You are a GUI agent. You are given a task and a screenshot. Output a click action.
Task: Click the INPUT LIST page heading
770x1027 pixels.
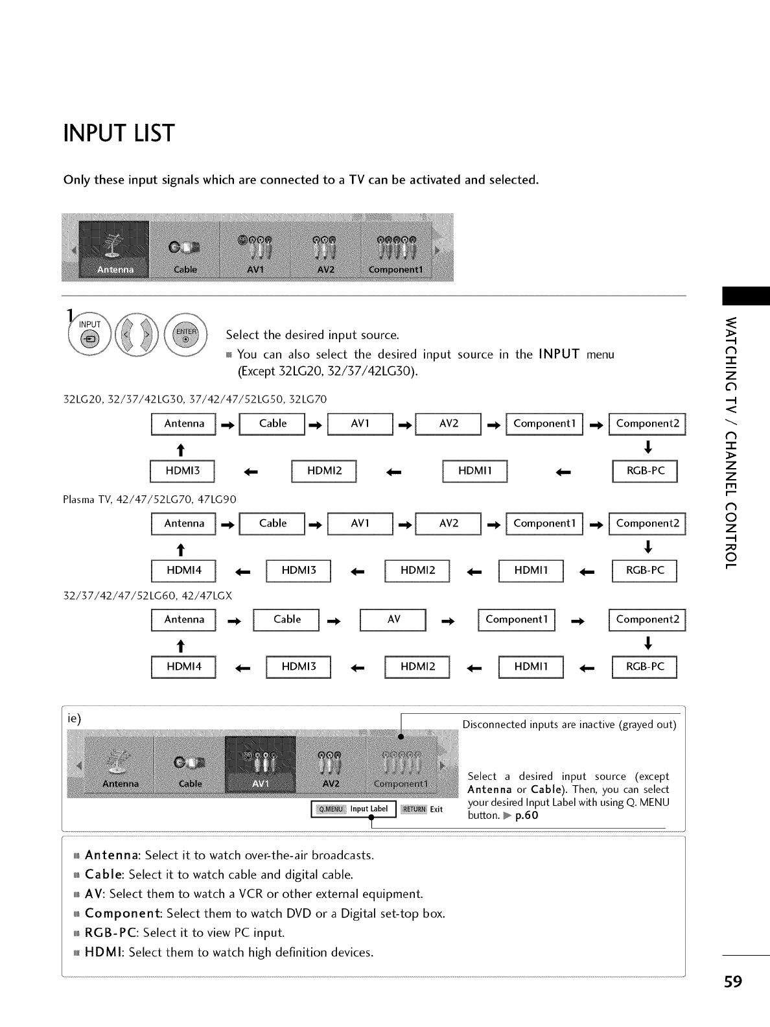click(x=119, y=134)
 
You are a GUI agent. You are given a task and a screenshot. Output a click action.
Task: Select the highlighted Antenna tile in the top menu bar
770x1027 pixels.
click(x=115, y=250)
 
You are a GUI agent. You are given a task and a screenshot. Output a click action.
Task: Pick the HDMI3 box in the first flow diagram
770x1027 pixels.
click(x=183, y=471)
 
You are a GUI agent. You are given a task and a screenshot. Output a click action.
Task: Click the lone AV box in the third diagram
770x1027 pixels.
click(x=393, y=620)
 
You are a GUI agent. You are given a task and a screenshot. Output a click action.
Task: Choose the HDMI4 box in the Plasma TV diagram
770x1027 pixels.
click(x=183, y=571)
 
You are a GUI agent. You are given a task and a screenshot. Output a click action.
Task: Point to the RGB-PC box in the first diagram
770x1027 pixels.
click(x=645, y=471)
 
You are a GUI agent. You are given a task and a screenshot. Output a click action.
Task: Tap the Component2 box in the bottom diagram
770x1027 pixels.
click(x=647, y=620)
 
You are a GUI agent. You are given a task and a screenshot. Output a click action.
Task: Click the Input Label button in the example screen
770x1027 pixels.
click(x=354, y=809)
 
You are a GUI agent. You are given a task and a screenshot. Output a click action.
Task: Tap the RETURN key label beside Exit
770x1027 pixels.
click(x=414, y=809)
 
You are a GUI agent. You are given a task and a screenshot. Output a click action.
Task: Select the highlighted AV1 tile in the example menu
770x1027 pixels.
click(x=260, y=764)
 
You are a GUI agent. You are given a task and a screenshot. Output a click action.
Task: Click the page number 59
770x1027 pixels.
click(x=733, y=982)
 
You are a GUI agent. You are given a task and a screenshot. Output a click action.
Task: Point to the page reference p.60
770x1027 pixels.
click(x=526, y=816)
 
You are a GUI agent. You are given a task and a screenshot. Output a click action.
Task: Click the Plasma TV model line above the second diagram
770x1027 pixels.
click(x=150, y=499)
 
